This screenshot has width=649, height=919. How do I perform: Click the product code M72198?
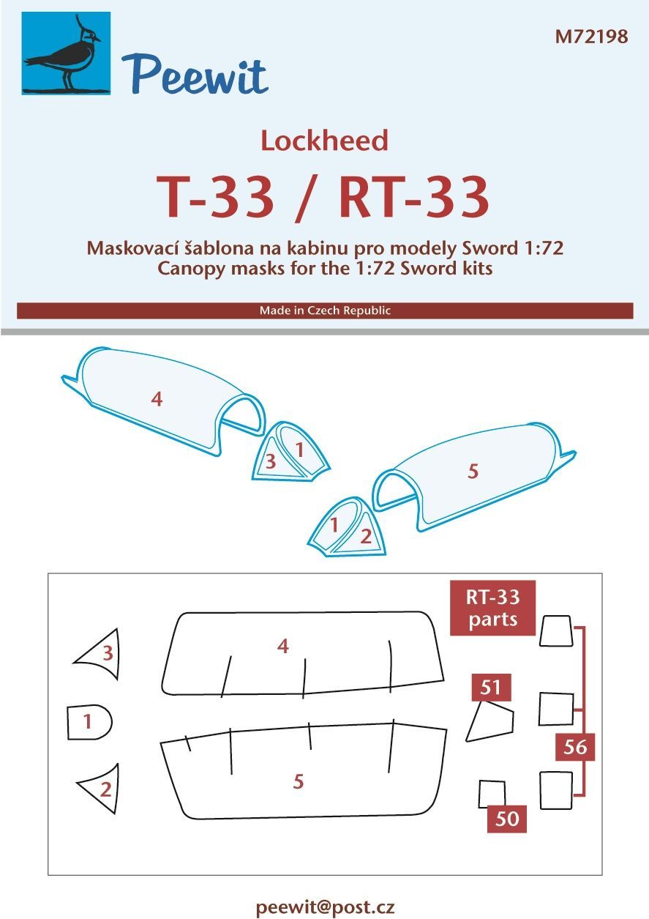591,37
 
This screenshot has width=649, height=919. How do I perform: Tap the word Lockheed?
324,141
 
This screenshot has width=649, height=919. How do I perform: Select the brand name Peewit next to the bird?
195,73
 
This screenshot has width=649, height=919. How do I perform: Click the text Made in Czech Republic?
325,310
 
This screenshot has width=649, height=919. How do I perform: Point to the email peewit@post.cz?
325,907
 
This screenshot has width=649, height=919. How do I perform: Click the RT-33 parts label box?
493,608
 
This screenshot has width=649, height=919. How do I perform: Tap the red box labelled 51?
490,688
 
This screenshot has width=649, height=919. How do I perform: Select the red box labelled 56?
576,747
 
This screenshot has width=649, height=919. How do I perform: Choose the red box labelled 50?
507,817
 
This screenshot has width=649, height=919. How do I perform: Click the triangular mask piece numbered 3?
101,654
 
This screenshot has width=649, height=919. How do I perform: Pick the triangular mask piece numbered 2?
102,789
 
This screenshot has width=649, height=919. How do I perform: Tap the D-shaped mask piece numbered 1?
89,723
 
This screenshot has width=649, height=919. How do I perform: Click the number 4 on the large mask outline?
283,646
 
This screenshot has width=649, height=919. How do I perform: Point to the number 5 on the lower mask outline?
298,781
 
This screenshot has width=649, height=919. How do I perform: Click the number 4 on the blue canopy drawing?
156,399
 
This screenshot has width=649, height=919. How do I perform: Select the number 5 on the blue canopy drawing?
473,472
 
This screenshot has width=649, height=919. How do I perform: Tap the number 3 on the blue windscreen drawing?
271,461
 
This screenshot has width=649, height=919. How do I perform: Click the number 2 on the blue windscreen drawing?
367,536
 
